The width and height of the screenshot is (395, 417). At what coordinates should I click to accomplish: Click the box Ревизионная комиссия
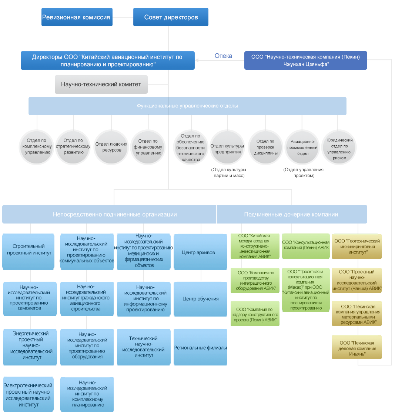pyautogui.click(x=77, y=17)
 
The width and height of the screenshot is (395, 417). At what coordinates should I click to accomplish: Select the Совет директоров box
pyautogui.click(x=171, y=17)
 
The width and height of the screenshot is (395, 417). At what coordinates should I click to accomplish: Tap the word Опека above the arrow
pyautogui.click(x=223, y=56)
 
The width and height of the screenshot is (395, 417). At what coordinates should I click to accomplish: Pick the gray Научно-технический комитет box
pyautogui.click(x=101, y=85)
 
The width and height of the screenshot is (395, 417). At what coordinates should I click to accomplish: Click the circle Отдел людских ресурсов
pyautogui.click(x=111, y=147)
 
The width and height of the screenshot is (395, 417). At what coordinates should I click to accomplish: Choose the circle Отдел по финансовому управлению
pyautogui.click(x=148, y=147)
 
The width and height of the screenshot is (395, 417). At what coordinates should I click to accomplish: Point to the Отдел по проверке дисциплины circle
pyautogui.click(x=265, y=147)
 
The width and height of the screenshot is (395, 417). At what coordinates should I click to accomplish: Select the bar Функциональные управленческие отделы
pyautogui.click(x=187, y=106)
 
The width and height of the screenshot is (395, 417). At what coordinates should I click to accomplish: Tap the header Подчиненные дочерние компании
pyautogui.click(x=291, y=214)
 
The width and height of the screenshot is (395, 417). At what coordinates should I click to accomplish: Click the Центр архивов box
pyautogui.click(x=200, y=252)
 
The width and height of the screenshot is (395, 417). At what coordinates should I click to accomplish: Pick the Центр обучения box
pyautogui.click(x=200, y=299)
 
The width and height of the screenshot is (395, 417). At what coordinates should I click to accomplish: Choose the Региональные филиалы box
pyautogui.click(x=200, y=348)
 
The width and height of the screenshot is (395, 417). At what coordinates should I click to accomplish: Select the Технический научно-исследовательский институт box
pyautogui.click(x=144, y=347)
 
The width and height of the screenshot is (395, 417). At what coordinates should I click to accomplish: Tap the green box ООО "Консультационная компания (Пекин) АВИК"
pyautogui.click(x=306, y=245)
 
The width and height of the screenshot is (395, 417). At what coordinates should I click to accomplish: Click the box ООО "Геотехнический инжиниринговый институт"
pyautogui.click(x=357, y=246)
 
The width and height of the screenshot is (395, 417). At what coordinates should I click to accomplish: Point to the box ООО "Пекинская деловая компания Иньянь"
pyautogui.click(x=357, y=348)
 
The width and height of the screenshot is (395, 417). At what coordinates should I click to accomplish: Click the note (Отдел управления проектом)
pyautogui.click(x=304, y=173)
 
